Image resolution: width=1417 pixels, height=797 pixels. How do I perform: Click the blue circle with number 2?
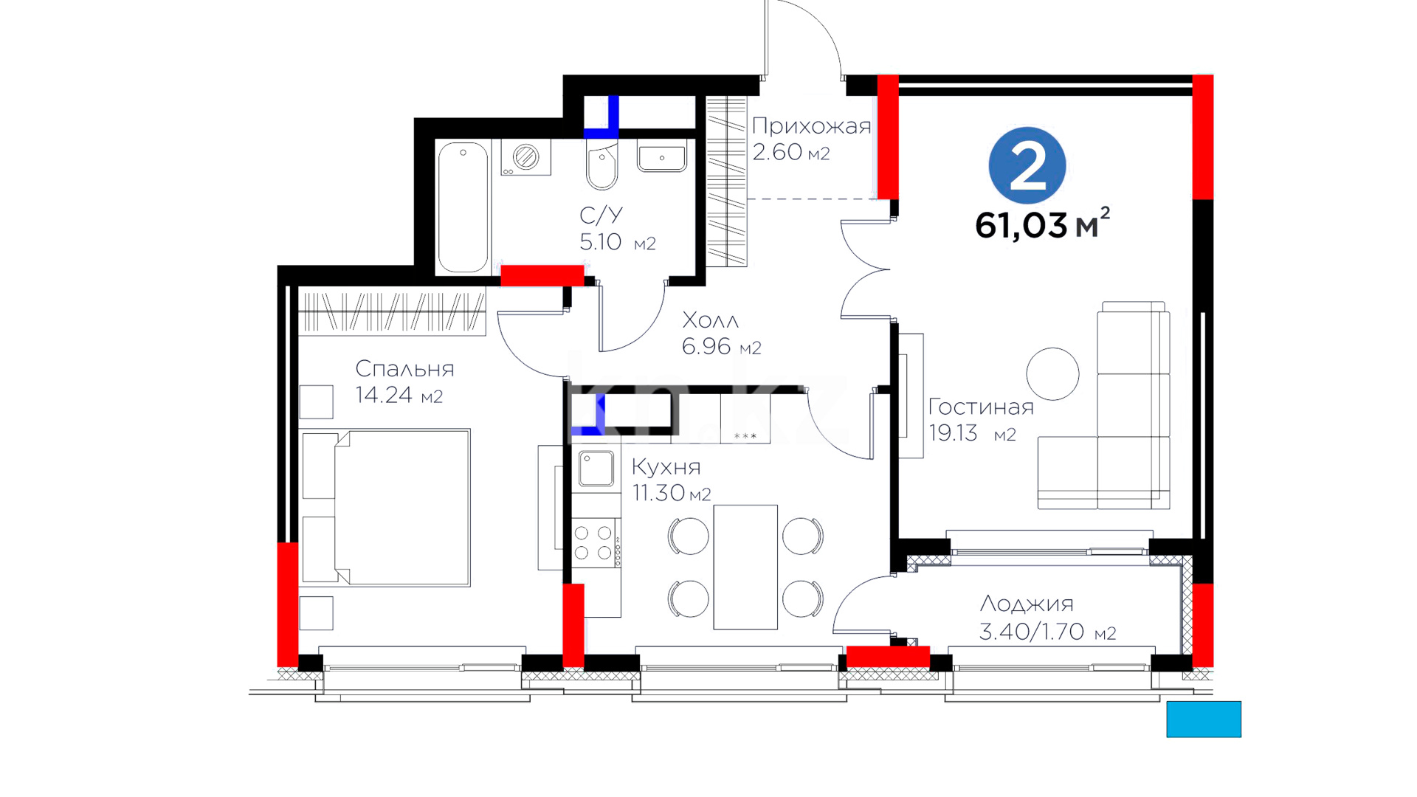pos(1027,165)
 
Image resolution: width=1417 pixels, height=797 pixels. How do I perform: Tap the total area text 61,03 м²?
pos(1042,224)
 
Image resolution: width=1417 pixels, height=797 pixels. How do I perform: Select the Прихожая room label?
pos(811,127)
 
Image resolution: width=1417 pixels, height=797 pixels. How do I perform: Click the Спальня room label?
pos(404,369)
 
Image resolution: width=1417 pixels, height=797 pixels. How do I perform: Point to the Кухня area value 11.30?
pos(658,492)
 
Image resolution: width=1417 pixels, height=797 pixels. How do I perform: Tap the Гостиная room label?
pos(981,407)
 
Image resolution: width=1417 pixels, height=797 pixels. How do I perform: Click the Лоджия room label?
pos(1026,604)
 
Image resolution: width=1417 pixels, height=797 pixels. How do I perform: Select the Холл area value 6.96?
pos(706,346)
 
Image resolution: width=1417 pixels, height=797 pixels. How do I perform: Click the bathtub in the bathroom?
pos(463,207)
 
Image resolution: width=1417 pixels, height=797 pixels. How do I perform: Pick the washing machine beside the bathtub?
pos(525,157)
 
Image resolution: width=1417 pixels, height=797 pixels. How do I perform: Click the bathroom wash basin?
pos(662,156)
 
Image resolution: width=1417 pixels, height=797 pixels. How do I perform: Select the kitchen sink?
pos(596,469)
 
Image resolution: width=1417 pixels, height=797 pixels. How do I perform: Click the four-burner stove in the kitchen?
pos(596,542)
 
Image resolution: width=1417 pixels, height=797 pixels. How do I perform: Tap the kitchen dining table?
pos(745,567)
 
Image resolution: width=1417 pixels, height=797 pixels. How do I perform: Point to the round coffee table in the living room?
pos(1052,374)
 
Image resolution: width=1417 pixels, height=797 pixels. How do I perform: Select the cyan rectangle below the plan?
pos(1204,720)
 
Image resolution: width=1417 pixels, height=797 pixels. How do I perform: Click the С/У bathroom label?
pos(601,215)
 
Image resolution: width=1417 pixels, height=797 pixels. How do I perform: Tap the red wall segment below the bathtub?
pos(542,275)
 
